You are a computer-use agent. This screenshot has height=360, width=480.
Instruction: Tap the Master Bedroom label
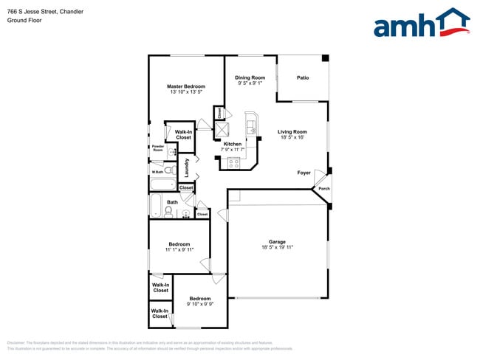point(186,86)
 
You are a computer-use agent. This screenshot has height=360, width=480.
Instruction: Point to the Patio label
point(303,77)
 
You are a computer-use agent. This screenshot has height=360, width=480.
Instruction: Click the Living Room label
point(292,131)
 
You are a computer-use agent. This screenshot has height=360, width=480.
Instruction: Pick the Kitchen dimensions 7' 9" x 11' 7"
point(232,150)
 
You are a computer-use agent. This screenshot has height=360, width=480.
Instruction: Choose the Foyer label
point(304,173)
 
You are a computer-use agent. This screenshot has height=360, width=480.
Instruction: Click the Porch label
point(323,189)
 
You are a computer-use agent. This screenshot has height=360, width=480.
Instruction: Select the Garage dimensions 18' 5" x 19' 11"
point(277,247)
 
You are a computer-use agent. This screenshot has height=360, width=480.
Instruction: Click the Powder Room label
point(157,148)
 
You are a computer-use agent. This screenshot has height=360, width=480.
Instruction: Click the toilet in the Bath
point(169,212)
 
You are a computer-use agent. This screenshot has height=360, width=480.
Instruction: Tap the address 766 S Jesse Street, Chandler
point(44,11)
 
